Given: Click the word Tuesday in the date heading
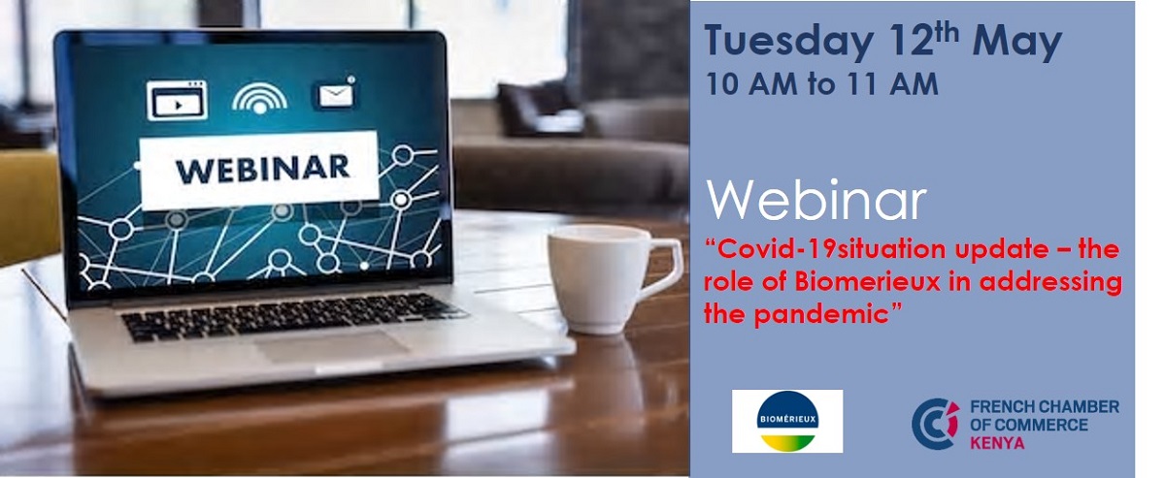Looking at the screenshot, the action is point(788,41).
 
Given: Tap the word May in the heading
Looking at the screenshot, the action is point(1016,42).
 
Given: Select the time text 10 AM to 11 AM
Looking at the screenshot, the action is point(821,83).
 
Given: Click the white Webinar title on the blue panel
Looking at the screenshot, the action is point(816,201).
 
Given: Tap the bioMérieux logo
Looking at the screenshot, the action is point(787,421).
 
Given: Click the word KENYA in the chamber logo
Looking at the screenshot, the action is point(997,443).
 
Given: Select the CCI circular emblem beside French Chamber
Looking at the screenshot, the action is point(935,424).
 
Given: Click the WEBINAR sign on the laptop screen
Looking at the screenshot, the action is point(259,170).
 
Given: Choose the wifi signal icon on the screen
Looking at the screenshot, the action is point(259,98).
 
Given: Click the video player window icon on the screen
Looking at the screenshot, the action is point(177,100).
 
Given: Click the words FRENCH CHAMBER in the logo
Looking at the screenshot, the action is point(1045,407).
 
